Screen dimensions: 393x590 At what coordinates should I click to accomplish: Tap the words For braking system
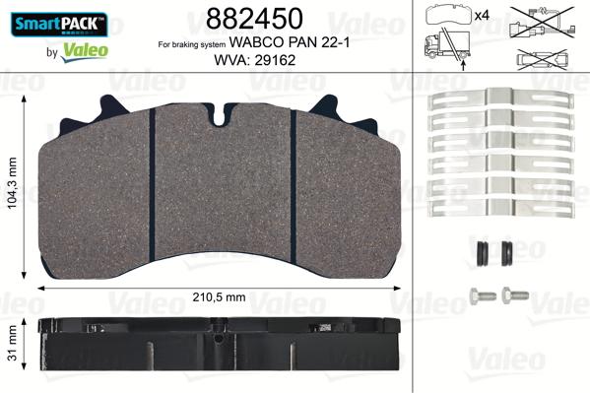192,44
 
